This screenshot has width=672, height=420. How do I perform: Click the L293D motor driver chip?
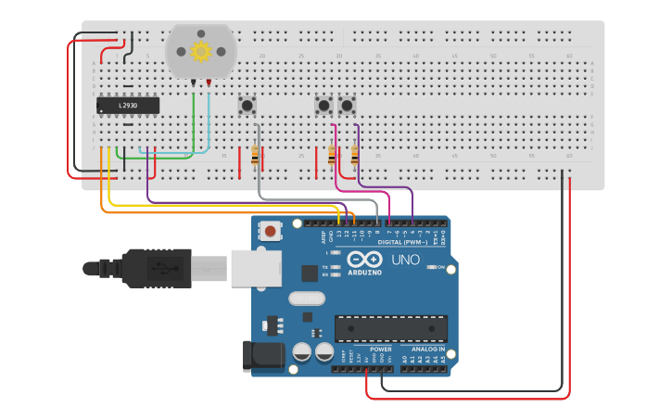pyautogui.click(x=128, y=106)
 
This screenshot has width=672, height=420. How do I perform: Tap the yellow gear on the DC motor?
pyautogui.click(x=200, y=51)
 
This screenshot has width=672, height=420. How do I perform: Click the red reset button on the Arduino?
pyautogui.click(x=270, y=231)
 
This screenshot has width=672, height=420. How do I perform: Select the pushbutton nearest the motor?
pyautogui.click(x=247, y=106)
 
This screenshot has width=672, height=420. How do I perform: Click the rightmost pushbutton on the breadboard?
pyautogui.click(x=348, y=106)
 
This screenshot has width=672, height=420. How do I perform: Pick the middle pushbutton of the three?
pyautogui.click(x=323, y=106)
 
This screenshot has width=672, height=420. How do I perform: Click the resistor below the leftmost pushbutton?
pyautogui.click(x=255, y=155)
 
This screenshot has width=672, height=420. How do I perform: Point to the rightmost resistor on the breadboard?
pyautogui.click(x=355, y=155)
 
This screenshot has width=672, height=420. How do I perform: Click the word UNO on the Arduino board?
pyautogui.click(x=405, y=260)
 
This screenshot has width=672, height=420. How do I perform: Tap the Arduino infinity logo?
pyautogui.click(x=364, y=260)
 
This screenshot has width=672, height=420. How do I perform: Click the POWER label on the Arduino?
pyautogui.click(x=368, y=350)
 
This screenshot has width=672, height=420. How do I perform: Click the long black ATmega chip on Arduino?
pyautogui.click(x=391, y=328)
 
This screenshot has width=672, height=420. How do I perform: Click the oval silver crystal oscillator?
pyautogui.click(x=306, y=299)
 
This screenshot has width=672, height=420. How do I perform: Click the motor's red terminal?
pyautogui.click(x=209, y=83)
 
